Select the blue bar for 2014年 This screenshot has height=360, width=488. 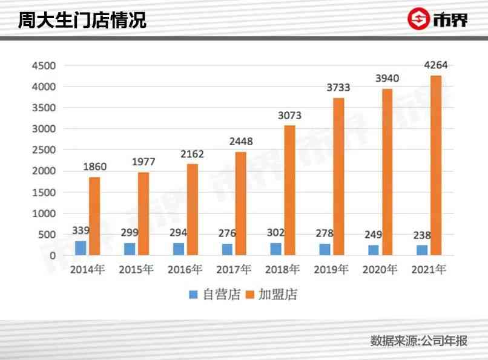tap(81, 248)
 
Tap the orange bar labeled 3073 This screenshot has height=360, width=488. tap(289, 190)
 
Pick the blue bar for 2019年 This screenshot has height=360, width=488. tap(325, 249)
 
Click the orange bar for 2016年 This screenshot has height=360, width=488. tap(192, 209)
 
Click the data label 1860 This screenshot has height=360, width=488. tap(94, 167)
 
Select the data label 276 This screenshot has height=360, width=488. tap(227, 234)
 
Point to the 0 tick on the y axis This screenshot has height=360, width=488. tap(53, 256)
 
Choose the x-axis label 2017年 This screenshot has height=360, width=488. tap(234, 270)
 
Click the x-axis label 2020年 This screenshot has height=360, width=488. tap(380, 270)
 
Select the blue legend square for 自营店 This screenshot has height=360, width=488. tap(193, 295)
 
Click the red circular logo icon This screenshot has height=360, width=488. tap(418, 19)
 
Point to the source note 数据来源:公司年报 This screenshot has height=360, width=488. tap(419, 341)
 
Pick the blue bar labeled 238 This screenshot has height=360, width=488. tap(422, 250)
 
